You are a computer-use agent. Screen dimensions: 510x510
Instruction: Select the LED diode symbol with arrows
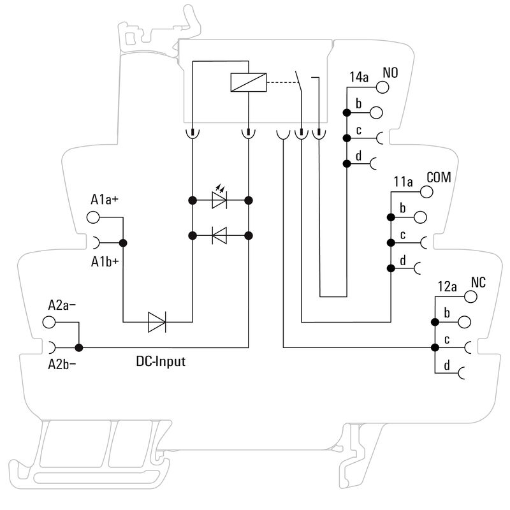219,200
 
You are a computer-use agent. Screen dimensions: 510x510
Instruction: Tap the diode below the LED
219,235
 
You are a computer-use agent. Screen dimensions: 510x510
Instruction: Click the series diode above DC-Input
156,322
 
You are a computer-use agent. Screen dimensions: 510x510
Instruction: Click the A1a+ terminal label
105,200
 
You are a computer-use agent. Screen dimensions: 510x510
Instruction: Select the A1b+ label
105,261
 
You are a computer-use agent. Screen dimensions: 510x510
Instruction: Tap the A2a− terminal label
62,305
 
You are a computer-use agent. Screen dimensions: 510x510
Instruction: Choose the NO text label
390,72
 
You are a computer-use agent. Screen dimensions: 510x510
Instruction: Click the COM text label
439,177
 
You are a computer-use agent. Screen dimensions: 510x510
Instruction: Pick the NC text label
478,282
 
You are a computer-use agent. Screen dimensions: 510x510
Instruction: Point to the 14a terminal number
359,78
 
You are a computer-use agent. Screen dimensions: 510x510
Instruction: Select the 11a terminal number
403,183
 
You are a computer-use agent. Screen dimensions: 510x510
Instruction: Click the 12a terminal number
447,288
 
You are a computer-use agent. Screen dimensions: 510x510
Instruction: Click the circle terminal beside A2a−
49,322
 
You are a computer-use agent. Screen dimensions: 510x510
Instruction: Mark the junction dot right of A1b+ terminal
123,243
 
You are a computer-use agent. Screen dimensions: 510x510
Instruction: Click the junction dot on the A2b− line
79,347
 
